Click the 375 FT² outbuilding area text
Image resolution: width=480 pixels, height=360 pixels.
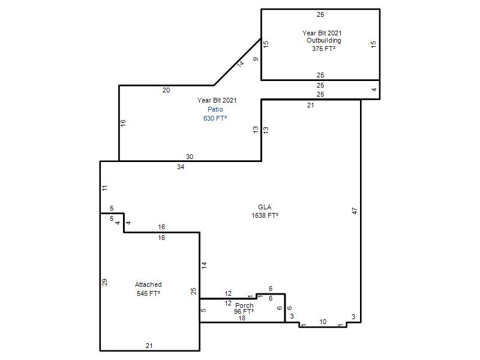coord(323,49)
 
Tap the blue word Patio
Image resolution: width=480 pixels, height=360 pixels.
coord(215,109)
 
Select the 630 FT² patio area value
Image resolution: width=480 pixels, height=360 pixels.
coord(215,118)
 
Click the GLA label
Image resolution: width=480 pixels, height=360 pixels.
coord(265,207)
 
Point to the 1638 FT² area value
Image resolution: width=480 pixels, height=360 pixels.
coord(265,215)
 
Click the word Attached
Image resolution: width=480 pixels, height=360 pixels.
coord(148,284)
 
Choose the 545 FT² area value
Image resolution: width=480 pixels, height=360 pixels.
coord(148,293)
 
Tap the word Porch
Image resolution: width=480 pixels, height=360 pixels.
coord(244,305)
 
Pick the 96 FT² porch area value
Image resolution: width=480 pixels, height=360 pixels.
coord(244,311)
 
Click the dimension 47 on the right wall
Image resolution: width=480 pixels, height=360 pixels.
coord(355,211)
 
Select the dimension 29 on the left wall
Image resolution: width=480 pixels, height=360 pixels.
coord(104,282)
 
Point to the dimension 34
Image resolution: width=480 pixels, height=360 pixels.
coord(181,167)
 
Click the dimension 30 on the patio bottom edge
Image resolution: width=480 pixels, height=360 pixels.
coord(190,157)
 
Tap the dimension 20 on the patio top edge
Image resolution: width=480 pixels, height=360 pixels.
coord(166,91)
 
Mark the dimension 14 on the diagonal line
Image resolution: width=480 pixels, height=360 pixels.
coord(241,64)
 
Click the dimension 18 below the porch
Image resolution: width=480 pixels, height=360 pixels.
coord(242,319)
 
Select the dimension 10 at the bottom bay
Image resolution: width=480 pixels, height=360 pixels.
coord(323,322)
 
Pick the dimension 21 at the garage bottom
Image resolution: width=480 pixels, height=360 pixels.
coord(149,346)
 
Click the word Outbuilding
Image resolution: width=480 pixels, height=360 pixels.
coord(324,40)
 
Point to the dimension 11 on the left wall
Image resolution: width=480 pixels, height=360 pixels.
coord(105,188)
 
